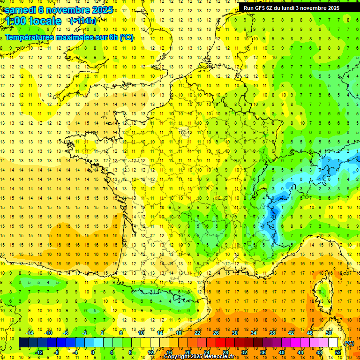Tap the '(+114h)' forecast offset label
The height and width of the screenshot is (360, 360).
click(83, 21)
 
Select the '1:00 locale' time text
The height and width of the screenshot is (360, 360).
click(33, 21)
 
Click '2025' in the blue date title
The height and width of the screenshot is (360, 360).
click(100, 10)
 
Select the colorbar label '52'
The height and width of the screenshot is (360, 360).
click(338, 352)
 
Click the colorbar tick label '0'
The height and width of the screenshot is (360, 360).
click(93, 352)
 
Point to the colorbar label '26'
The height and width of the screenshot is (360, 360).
click(216, 333)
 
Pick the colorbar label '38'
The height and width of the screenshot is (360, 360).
click(272, 333)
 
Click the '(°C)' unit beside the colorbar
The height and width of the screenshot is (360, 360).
click(349, 343)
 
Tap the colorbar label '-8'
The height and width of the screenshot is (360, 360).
click(57, 352)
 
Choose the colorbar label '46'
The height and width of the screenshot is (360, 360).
click(309, 333)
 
